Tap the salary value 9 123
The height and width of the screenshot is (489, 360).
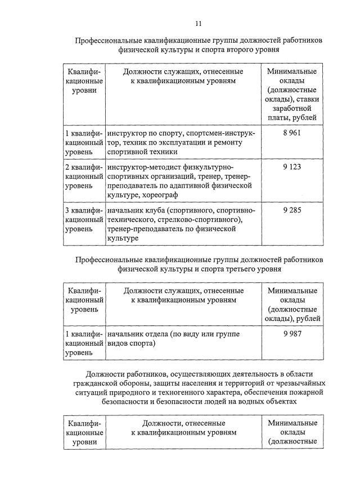click(x=292, y=167)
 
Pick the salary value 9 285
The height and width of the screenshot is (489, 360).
click(x=292, y=210)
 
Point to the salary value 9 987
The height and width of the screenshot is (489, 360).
click(x=292, y=334)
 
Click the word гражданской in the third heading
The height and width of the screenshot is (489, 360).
click(x=107, y=383)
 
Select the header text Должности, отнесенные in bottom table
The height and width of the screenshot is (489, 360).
click(x=184, y=423)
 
